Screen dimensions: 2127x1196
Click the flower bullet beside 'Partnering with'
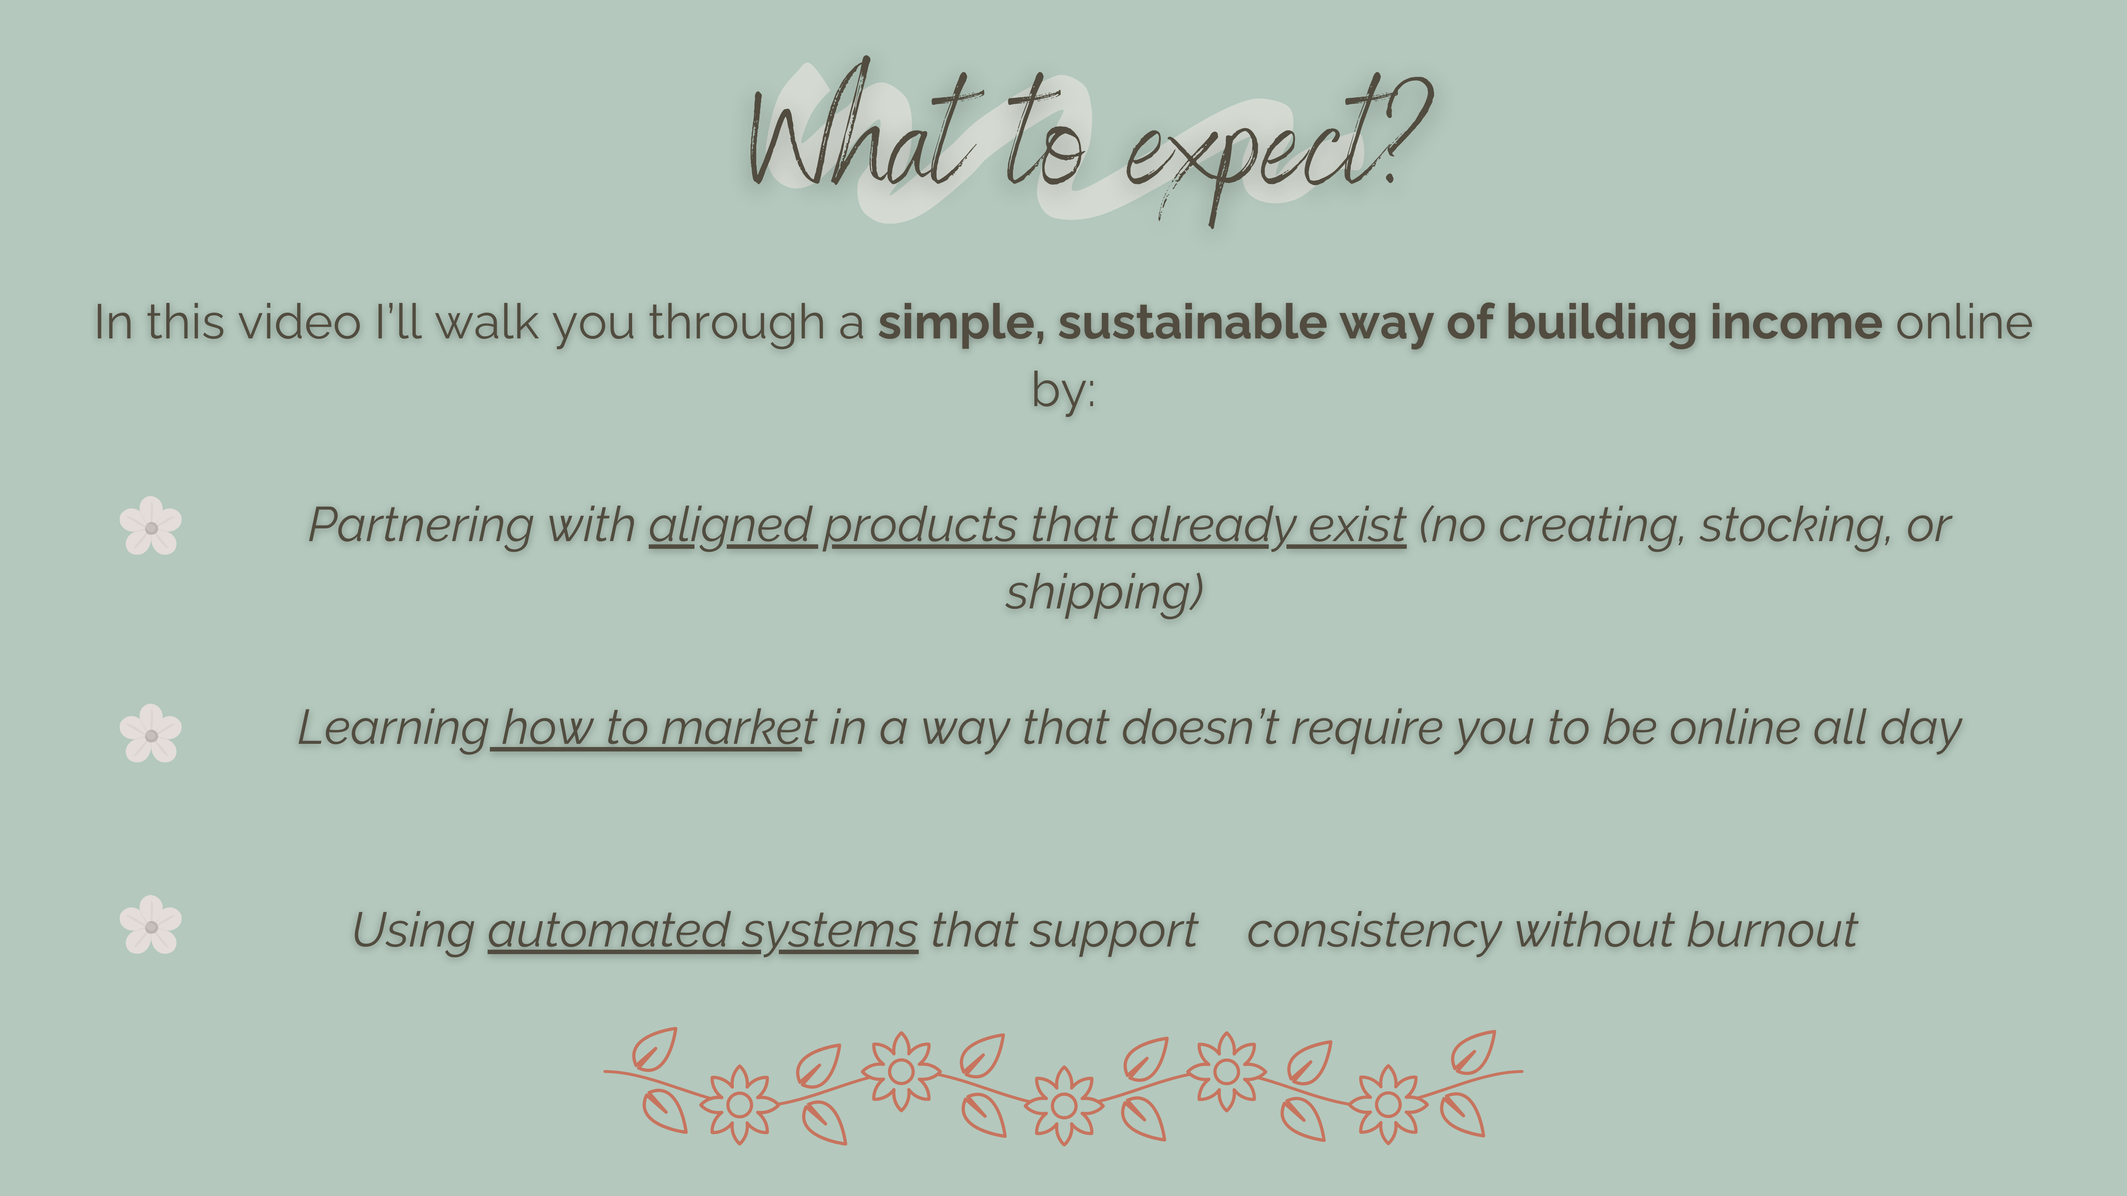point(150,526)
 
